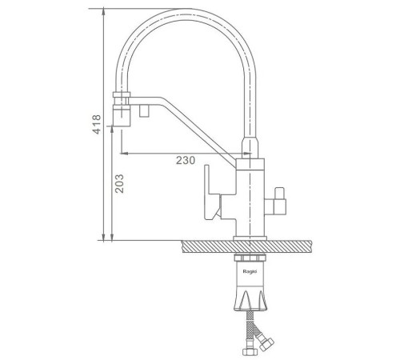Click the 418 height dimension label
pyautogui.click(x=97, y=124)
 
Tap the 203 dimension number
pyautogui.click(x=119, y=183)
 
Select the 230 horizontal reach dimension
pyautogui.click(x=186, y=160)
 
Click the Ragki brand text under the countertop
pyautogui.click(x=250, y=271)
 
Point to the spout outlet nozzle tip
pyautogui.click(x=122, y=115)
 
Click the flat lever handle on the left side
pyautogui.click(x=212, y=193)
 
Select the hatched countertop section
pyautogui.click(x=246, y=246)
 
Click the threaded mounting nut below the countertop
pyautogui.click(x=250, y=258)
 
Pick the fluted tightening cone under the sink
pyautogui.click(x=250, y=299)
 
